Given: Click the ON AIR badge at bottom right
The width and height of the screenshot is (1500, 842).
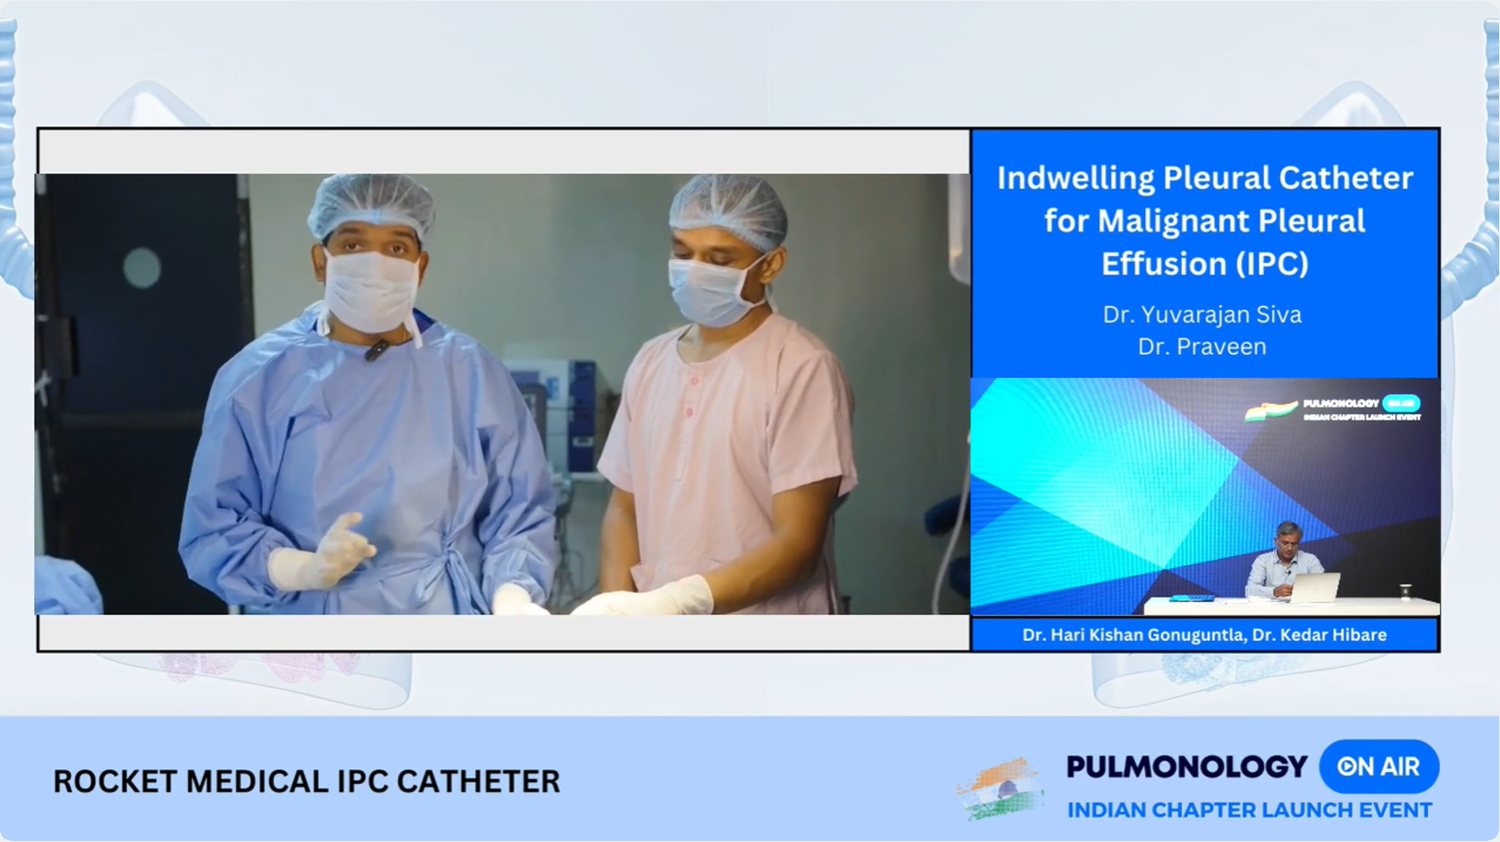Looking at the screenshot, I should pyautogui.click(x=1378, y=766).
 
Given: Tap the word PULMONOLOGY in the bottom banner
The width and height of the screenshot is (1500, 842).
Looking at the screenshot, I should pyautogui.click(x=1187, y=766).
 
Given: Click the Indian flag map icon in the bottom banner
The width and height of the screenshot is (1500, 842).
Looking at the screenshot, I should pyautogui.click(x=1001, y=789).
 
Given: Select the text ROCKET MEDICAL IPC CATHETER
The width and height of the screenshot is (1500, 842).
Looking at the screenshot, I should pyautogui.click(x=306, y=781).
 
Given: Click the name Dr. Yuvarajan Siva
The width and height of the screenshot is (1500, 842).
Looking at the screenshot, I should pyautogui.click(x=1202, y=314).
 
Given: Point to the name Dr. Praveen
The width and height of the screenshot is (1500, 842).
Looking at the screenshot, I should pyautogui.click(x=1202, y=347).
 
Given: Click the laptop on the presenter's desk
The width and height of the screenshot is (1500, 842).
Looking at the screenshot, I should pyautogui.click(x=1316, y=587).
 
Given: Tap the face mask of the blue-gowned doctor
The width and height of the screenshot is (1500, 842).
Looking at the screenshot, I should pyautogui.click(x=371, y=290).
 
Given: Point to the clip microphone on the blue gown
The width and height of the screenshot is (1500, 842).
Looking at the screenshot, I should pyautogui.click(x=376, y=350).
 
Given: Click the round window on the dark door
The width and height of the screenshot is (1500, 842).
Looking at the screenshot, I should pyautogui.click(x=142, y=267).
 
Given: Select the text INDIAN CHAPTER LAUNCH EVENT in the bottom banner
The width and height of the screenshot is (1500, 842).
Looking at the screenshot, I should pyautogui.click(x=1249, y=810).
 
